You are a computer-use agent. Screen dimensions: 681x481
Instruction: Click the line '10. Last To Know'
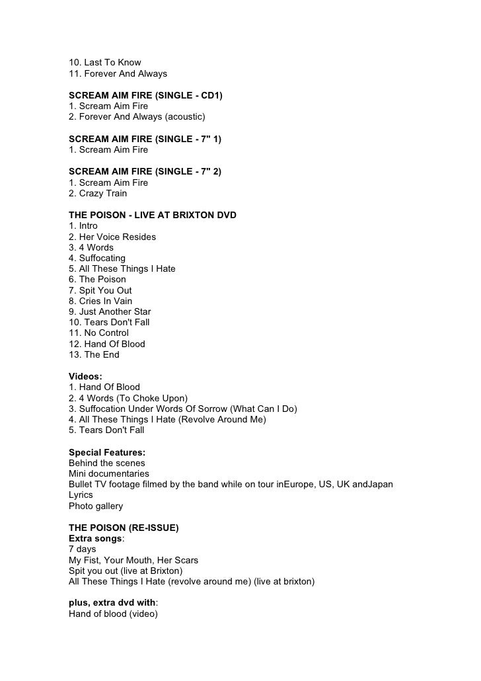[105, 63]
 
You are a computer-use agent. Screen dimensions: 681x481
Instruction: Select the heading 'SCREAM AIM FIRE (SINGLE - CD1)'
[145, 96]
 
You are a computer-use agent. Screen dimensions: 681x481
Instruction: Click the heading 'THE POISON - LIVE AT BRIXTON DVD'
[153, 216]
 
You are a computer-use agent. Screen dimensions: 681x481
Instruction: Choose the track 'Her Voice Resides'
[112, 237]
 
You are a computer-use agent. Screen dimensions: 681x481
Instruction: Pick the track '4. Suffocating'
[97, 258]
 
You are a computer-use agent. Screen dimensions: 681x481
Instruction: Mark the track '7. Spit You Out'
[100, 290]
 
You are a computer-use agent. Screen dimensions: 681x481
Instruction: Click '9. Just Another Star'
[110, 311]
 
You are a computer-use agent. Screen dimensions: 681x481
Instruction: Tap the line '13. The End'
[94, 354]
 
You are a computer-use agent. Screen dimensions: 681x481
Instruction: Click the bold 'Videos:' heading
[85, 376]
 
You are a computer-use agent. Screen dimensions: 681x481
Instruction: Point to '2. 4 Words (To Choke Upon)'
[128, 398]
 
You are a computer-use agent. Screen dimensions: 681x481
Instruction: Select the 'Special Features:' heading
[107, 452]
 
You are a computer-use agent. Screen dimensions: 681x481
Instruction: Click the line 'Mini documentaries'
[109, 473]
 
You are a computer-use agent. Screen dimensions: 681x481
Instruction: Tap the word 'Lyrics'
[82, 495]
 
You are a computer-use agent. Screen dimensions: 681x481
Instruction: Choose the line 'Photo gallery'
[96, 506]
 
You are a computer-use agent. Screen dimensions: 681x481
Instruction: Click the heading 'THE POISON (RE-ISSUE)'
[124, 528]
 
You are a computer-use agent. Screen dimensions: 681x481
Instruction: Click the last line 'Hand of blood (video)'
[113, 614]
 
